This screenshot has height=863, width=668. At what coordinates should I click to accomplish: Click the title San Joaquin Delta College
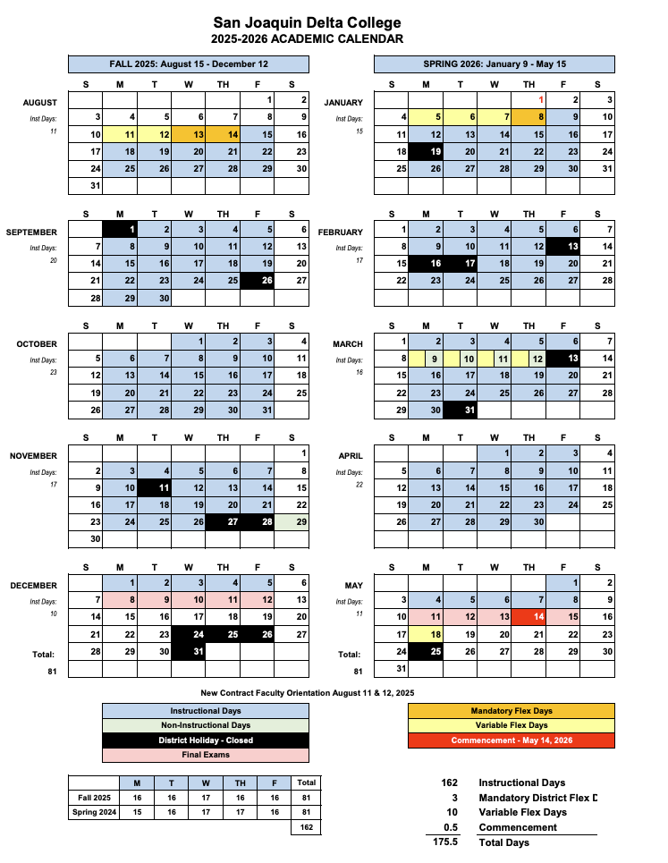tap(307, 22)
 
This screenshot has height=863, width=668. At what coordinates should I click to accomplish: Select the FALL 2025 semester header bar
tap(188, 64)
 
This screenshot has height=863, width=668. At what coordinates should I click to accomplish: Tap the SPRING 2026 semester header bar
tap(494, 64)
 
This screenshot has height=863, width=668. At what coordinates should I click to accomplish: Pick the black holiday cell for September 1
tap(120, 230)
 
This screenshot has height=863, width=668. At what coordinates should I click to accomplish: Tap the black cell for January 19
tap(426, 151)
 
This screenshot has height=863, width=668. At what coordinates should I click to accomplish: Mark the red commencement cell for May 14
tap(529, 617)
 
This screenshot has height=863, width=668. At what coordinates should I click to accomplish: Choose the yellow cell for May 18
tap(426, 634)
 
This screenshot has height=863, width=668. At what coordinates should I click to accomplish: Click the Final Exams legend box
tap(206, 755)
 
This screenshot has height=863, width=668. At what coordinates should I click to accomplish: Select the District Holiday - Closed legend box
tap(206, 740)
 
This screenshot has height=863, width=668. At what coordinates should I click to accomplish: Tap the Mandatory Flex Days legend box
tap(511, 711)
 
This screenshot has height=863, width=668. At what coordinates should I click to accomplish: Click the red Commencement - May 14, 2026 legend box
tap(511, 740)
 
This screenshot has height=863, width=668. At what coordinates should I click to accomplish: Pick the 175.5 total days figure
tap(444, 842)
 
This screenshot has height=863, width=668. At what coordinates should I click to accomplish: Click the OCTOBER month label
tap(37, 343)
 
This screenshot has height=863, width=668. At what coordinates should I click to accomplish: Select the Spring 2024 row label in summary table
tap(94, 812)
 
